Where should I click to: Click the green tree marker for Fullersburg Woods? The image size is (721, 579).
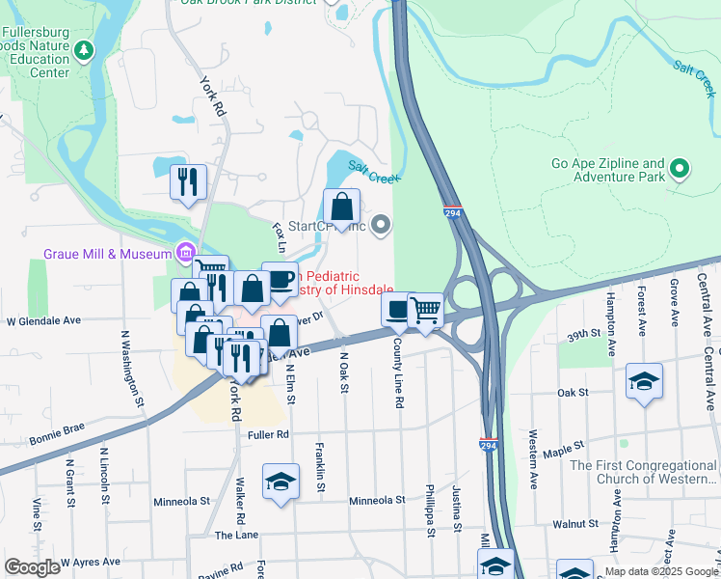pos(85,48)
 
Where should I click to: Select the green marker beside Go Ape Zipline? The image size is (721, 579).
pos(680,170)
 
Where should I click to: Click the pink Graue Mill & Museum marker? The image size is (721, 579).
pos(184,254)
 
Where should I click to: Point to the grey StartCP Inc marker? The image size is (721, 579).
pos(381,226)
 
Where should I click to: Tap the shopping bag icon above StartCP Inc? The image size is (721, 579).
pos(341,206)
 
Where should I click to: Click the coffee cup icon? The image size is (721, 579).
pos(280,280)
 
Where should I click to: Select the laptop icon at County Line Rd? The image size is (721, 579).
pos(399,311)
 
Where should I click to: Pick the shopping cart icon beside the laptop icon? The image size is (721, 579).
pos(425,311)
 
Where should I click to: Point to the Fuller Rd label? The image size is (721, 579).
pos(268,435)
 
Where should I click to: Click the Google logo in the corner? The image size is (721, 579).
pos(32,567)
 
